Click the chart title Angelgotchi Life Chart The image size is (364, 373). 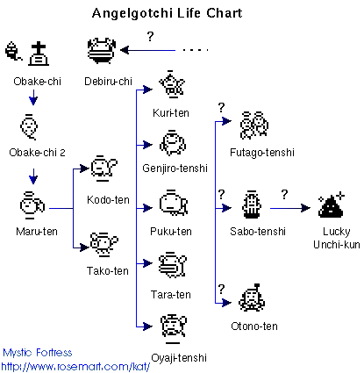(x=179, y=15)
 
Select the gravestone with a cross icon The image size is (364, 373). (x=38, y=55)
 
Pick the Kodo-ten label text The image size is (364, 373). (x=110, y=199)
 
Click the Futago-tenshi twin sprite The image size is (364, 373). (x=253, y=125)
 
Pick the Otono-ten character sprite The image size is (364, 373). (x=253, y=298)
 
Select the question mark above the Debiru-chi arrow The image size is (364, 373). (x=150, y=36)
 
